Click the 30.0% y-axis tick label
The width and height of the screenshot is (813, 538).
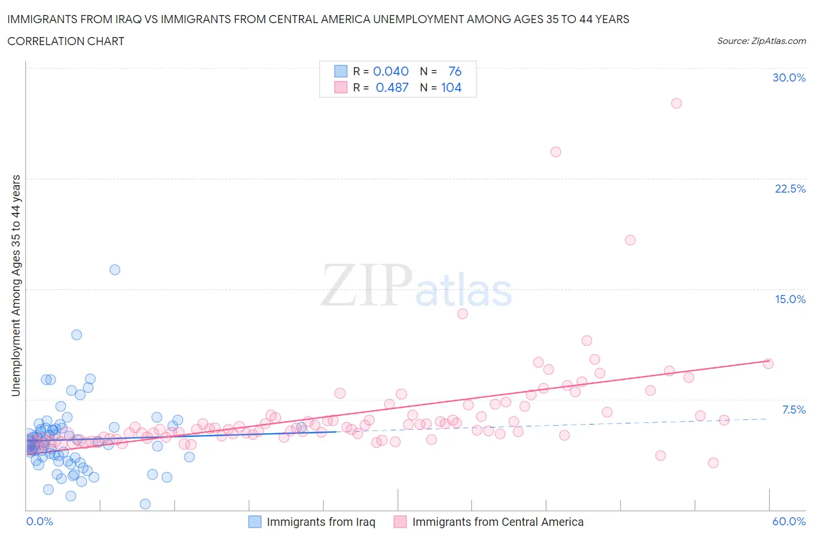tap(789, 78)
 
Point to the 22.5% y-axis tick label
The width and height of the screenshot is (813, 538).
tap(790, 189)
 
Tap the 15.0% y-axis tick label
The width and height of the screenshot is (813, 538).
tap(790, 299)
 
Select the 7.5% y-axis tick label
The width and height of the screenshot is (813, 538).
tap(793, 410)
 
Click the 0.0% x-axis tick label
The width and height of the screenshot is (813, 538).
tap(39, 521)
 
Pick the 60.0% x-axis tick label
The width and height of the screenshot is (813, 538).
tap(789, 521)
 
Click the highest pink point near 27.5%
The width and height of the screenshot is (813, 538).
tap(676, 104)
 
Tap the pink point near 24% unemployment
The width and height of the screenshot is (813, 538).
tap(556, 152)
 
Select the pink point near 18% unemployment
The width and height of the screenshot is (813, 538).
tap(630, 240)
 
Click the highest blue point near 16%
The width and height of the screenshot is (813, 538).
tap(115, 270)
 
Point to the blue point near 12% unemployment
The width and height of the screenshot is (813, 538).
tap(76, 335)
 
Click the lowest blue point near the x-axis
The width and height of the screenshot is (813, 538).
tap(145, 504)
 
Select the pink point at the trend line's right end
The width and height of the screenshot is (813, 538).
tap(768, 364)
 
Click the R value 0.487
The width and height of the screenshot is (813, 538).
tap(392, 87)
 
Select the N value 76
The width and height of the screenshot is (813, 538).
tap(454, 71)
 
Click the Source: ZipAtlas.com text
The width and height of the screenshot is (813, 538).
tap(761, 41)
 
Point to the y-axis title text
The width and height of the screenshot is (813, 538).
tap(16, 286)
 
